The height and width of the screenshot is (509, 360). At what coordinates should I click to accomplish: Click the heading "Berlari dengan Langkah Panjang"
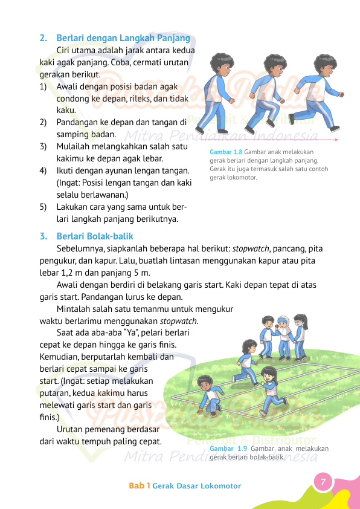[x=124, y=38]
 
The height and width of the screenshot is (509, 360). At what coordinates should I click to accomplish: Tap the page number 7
[x=323, y=482]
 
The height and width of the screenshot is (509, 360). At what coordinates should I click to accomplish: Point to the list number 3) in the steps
[x=43, y=146]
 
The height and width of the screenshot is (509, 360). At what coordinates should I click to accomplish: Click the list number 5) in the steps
[x=43, y=207]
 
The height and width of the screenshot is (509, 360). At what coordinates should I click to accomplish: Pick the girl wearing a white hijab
[x=284, y=325]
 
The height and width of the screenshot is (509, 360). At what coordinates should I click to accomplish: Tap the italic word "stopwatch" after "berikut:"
[x=251, y=248]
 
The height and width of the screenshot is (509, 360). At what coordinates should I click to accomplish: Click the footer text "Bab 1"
[x=139, y=486]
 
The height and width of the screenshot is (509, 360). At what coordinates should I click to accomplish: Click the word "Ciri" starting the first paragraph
[x=65, y=50]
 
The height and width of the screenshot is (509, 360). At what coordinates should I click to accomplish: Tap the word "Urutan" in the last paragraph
[x=71, y=429]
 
